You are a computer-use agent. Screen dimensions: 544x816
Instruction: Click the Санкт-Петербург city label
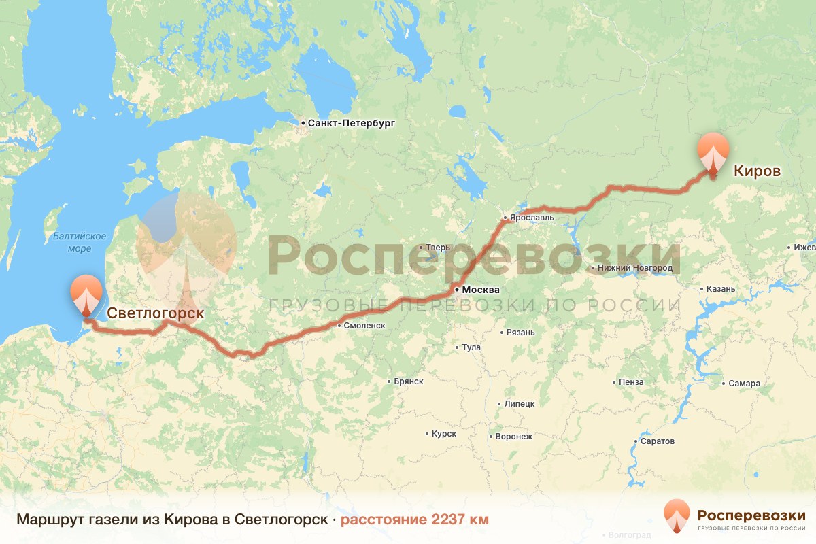[x=351, y=124]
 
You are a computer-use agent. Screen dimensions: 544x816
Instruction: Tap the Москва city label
[x=481, y=290]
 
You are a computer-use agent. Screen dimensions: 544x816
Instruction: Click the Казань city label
[x=721, y=289]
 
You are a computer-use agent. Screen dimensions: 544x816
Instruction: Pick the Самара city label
[x=744, y=384]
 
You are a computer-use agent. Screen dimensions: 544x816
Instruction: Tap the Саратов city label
[x=658, y=441]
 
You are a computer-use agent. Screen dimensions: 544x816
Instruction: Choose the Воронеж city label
[x=514, y=436]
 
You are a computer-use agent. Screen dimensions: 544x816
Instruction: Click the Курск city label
[x=444, y=434]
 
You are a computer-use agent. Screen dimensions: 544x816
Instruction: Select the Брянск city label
[x=409, y=381]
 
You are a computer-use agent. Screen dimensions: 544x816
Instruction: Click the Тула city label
[x=471, y=347]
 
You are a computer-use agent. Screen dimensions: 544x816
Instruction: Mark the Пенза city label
[x=631, y=382]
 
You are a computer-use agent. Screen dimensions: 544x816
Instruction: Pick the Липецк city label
[x=520, y=403]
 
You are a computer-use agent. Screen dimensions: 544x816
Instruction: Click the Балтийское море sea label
[x=80, y=242]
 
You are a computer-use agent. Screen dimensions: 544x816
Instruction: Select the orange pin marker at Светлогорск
[x=86, y=292]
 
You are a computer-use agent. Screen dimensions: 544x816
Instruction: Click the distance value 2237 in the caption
[x=449, y=520]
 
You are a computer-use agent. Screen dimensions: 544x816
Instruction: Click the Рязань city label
[x=520, y=333]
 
